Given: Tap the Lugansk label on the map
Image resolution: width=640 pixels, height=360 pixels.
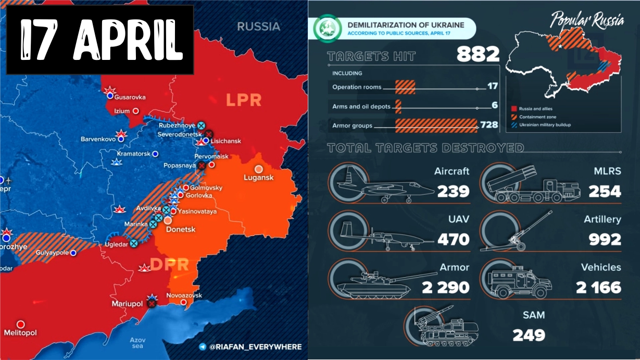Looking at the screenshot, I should [x=259, y=178].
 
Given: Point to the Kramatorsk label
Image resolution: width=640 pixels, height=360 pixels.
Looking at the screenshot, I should [x=133, y=154].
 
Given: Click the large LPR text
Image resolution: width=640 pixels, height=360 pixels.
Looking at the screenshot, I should [x=243, y=100].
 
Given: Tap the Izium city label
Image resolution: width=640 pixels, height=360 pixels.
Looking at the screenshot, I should [x=122, y=111].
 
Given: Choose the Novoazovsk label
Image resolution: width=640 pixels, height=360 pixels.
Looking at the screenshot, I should [x=183, y=295].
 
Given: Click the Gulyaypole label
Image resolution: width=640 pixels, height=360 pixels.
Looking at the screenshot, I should [x=52, y=253].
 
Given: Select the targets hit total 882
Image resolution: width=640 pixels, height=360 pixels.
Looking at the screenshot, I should [x=478, y=54].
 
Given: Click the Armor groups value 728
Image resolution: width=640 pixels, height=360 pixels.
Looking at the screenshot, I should [x=490, y=125].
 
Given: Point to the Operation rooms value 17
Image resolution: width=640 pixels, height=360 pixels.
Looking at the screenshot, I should [x=493, y=86].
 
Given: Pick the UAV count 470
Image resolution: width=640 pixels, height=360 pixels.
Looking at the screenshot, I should [x=453, y=239].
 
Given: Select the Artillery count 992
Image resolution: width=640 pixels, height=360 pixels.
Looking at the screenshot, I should [x=605, y=239].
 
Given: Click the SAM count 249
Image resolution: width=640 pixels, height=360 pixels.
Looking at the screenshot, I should [x=529, y=334].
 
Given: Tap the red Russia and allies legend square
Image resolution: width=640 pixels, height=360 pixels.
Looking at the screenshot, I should [x=514, y=108].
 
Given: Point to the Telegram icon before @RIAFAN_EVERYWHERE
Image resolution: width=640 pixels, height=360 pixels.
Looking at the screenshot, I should [x=202, y=346].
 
